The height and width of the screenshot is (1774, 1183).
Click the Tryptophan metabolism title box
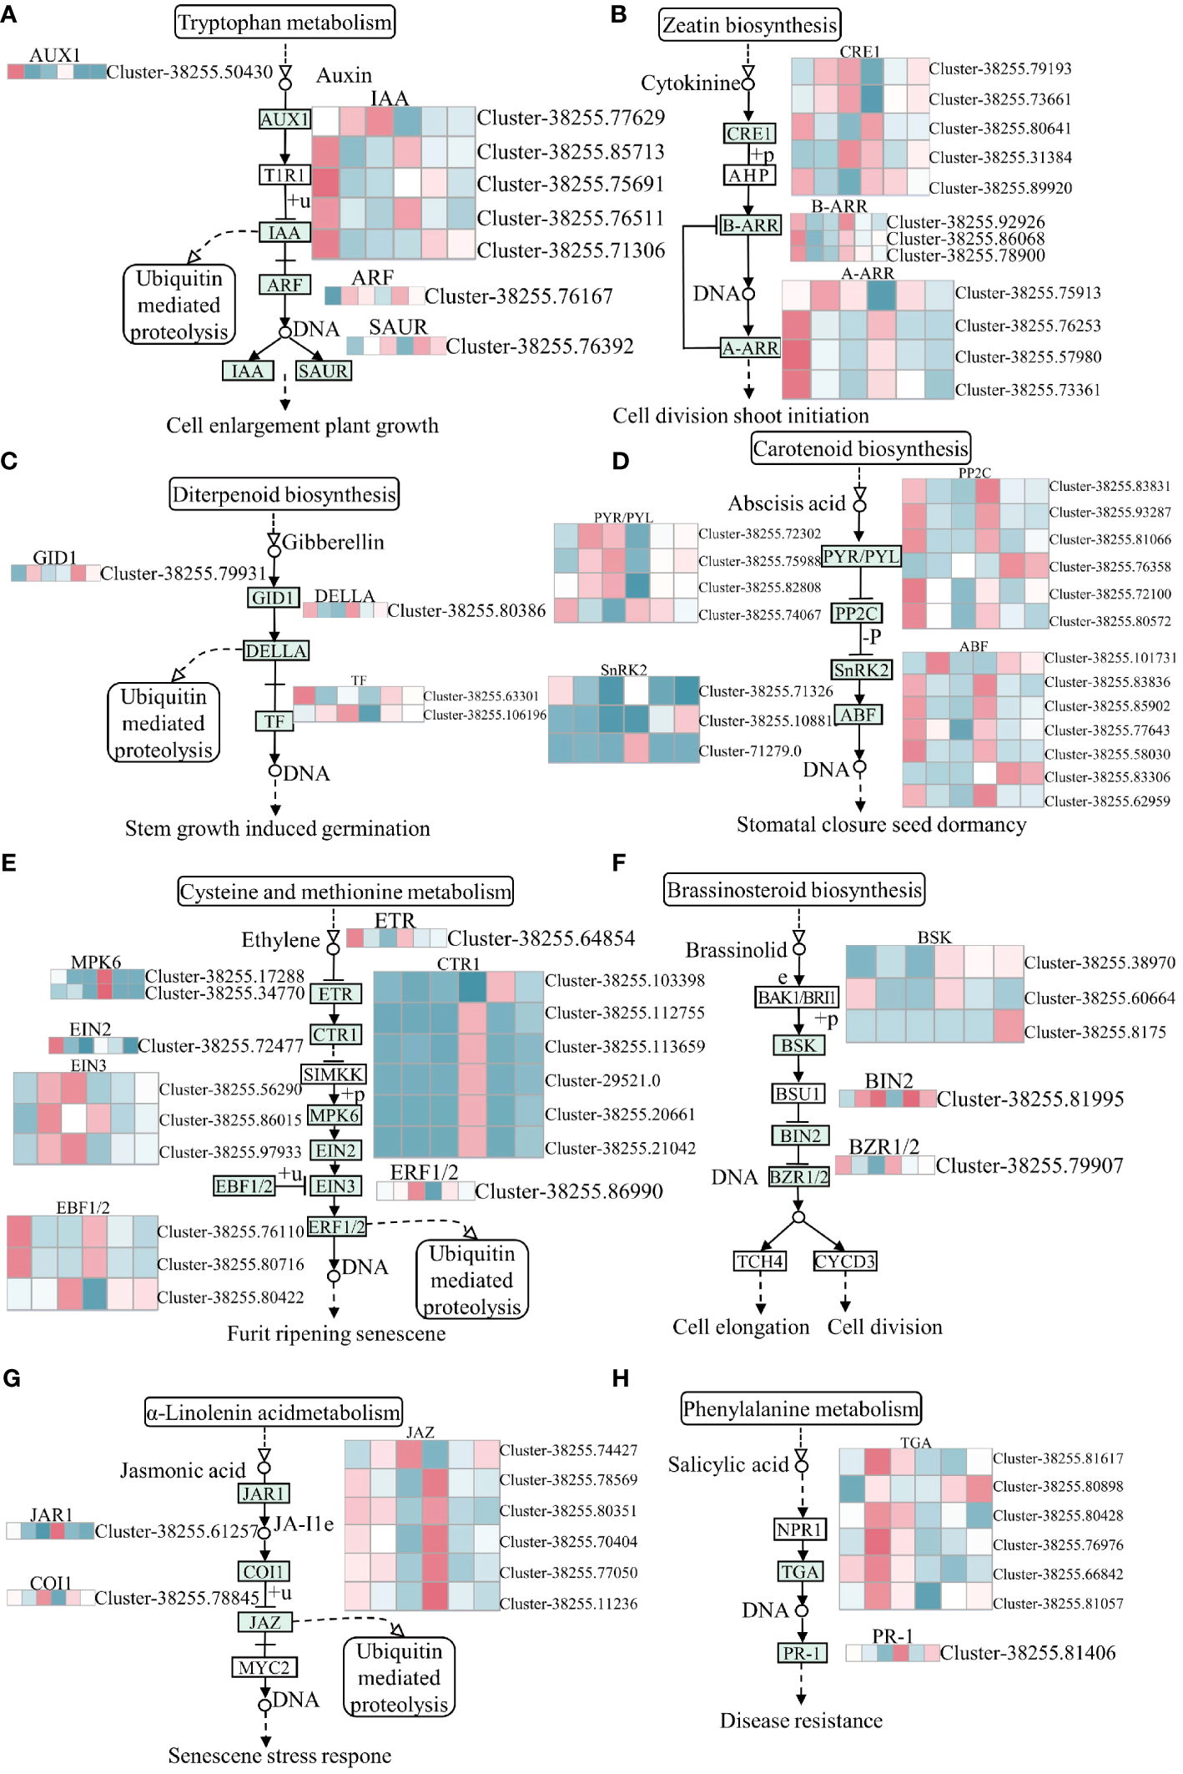tap(284, 23)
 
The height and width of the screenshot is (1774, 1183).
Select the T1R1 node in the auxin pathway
tap(284, 175)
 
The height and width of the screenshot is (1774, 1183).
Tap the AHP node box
tap(748, 175)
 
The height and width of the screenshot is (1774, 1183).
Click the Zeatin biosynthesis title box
tap(749, 26)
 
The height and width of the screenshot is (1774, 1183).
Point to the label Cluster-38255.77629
tap(571, 118)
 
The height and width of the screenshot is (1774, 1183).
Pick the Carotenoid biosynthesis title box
tap(860, 449)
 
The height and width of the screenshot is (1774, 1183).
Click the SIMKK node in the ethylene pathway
tap(333, 1074)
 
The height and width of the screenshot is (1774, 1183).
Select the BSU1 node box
tap(798, 1094)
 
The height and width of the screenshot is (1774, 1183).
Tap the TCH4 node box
tap(759, 1261)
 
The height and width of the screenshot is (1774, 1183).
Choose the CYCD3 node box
tap(844, 1261)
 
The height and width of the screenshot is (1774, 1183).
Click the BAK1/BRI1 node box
tap(797, 997)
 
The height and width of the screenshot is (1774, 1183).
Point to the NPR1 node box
tap(799, 1529)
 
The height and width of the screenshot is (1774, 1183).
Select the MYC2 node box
tap(264, 1667)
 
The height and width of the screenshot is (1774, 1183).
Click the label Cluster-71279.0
tap(750, 751)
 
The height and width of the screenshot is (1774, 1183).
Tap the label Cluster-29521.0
tap(602, 1080)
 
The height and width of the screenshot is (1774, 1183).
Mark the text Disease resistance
tap(801, 1721)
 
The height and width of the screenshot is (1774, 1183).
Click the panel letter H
tap(621, 1378)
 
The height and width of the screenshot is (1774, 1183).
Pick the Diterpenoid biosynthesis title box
tap(284, 495)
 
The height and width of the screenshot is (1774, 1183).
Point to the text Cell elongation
tap(741, 1327)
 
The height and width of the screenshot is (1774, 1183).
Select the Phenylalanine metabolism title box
tap(801, 1409)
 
